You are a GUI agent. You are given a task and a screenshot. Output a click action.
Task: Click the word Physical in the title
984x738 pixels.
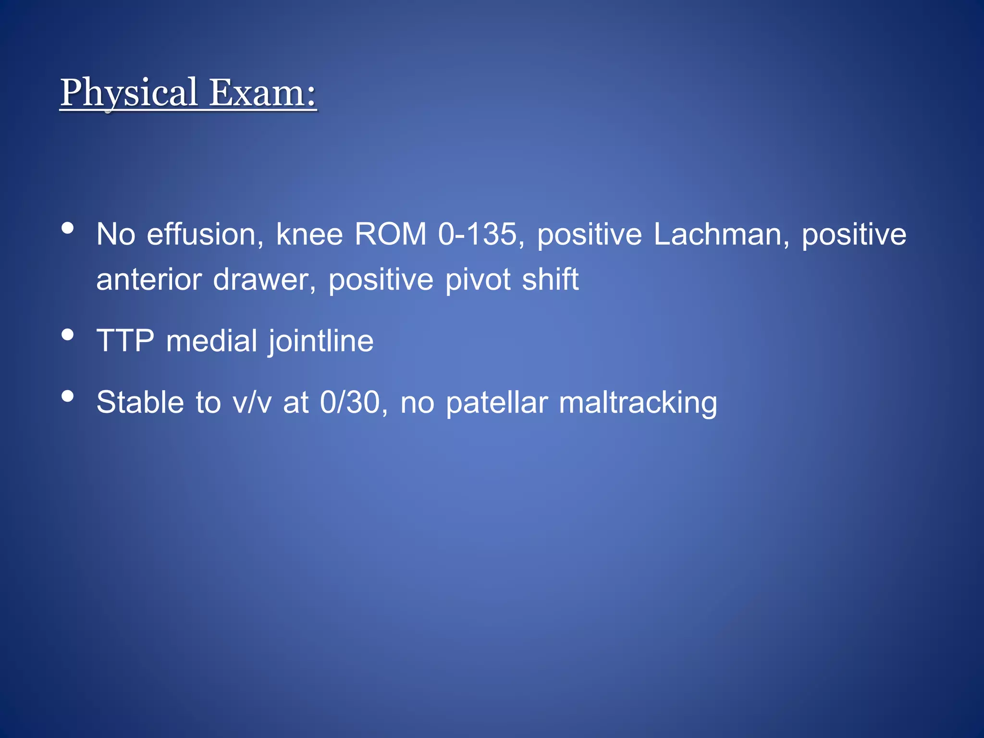click(129, 92)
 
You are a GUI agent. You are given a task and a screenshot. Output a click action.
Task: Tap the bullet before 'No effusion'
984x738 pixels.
click(68, 228)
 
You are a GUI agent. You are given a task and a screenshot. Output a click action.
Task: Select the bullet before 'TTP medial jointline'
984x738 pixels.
click(68, 334)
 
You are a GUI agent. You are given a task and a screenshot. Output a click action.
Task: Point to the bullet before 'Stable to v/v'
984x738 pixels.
click(68, 396)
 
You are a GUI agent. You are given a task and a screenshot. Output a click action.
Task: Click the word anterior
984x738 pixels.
click(148, 280)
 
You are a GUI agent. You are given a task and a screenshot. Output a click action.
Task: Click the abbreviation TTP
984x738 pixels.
click(125, 341)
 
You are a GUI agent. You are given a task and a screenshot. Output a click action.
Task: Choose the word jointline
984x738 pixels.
click(320, 341)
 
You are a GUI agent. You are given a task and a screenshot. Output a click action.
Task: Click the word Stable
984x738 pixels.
click(140, 403)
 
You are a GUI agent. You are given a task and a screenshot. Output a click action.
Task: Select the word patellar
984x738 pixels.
click(497, 403)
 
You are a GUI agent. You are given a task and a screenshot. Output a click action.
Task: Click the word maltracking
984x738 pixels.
click(638, 403)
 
